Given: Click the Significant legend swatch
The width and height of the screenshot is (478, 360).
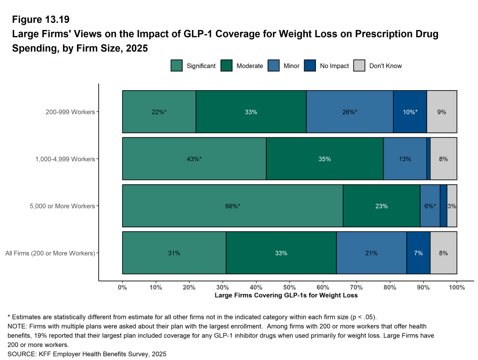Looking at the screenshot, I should [x=177, y=66].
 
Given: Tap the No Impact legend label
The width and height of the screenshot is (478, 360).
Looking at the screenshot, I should [x=334, y=66].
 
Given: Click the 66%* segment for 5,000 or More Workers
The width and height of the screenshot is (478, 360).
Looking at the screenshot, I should [x=232, y=206].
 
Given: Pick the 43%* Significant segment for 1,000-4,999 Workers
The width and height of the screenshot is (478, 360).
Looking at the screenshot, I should [x=194, y=159].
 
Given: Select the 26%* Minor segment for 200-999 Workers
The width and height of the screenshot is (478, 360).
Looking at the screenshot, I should [x=349, y=112].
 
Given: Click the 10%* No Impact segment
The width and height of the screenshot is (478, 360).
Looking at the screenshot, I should [x=410, y=112].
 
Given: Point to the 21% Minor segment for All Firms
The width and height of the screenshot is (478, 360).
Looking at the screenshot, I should [x=371, y=253].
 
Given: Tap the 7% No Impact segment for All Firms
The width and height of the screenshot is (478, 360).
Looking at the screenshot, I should [x=418, y=253].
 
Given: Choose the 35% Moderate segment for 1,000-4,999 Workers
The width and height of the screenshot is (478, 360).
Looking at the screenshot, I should [x=325, y=159].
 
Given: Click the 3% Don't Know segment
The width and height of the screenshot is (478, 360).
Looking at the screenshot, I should [x=452, y=206].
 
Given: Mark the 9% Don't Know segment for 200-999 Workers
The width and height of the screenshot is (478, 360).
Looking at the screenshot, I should [x=442, y=112].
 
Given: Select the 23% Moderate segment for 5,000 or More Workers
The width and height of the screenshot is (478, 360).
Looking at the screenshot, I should [x=381, y=206].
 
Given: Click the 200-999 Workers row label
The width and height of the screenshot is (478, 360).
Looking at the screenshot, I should [x=70, y=112].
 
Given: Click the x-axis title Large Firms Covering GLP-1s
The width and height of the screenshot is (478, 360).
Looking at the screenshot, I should [x=286, y=295].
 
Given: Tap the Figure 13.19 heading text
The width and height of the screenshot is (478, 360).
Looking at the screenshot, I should [x=41, y=20].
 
